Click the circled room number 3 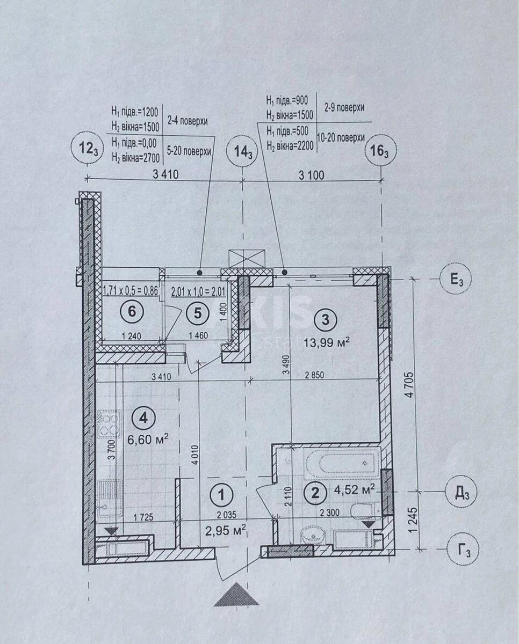pyautogui.click(x=325, y=320)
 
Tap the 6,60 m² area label pyautogui.click(x=148, y=438)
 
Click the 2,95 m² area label pyautogui.click(x=226, y=532)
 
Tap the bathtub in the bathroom pyautogui.click(x=342, y=462)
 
